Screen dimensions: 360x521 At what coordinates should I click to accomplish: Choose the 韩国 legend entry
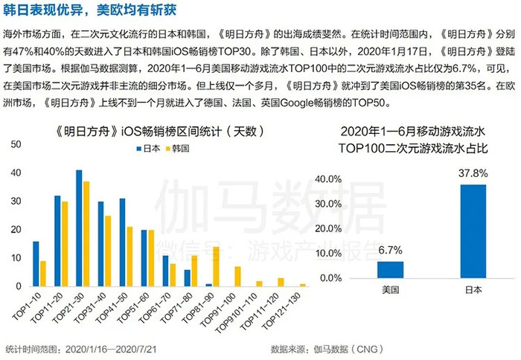(x=177, y=149)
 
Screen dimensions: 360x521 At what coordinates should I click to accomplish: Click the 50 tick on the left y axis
(x=16, y=144)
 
